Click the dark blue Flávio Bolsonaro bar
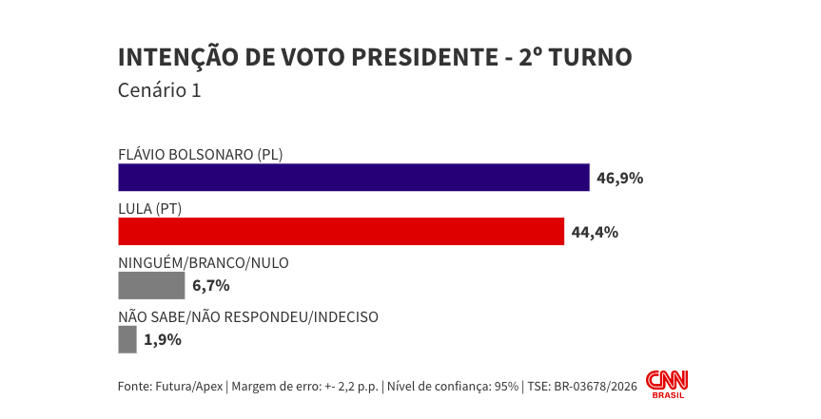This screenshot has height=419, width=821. (354, 178)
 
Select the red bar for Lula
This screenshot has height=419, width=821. (342, 231)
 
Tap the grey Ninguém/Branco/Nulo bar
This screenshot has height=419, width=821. (151, 286)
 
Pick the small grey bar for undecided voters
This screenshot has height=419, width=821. (127, 339)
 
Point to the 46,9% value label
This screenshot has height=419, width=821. (620, 179)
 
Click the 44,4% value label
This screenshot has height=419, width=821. (595, 232)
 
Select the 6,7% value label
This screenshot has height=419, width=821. (211, 286)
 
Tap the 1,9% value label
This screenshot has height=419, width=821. (163, 340)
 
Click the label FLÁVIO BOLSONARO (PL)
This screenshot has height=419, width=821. (201, 155)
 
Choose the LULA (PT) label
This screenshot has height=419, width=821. (149, 209)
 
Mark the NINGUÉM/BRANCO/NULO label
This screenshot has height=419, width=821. (204, 263)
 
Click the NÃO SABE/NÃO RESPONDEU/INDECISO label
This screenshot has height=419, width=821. (248, 317)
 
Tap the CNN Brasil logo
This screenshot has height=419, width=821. (667, 385)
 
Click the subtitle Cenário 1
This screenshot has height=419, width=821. (160, 90)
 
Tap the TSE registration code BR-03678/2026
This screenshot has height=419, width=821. (596, 387)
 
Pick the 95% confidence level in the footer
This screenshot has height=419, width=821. (506, 387)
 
